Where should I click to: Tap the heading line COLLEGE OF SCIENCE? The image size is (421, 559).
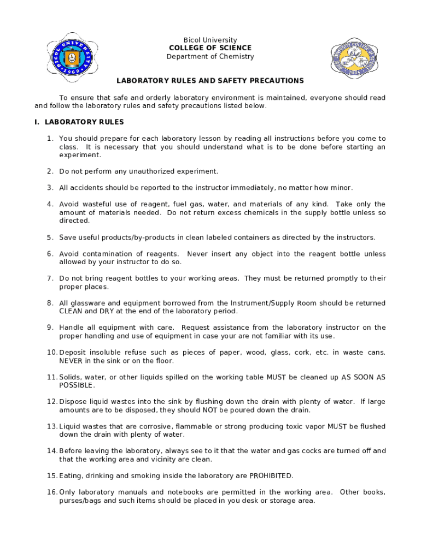(210, 48)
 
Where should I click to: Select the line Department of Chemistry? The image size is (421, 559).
(210, 57)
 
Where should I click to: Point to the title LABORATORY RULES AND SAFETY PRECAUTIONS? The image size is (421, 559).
(210, 81)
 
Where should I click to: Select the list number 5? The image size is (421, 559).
(50, 237)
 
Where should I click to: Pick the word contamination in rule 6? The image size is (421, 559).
(118, 254)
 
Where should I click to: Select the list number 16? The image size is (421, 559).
(51, 492)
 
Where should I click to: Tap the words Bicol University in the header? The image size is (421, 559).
(210, 40)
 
